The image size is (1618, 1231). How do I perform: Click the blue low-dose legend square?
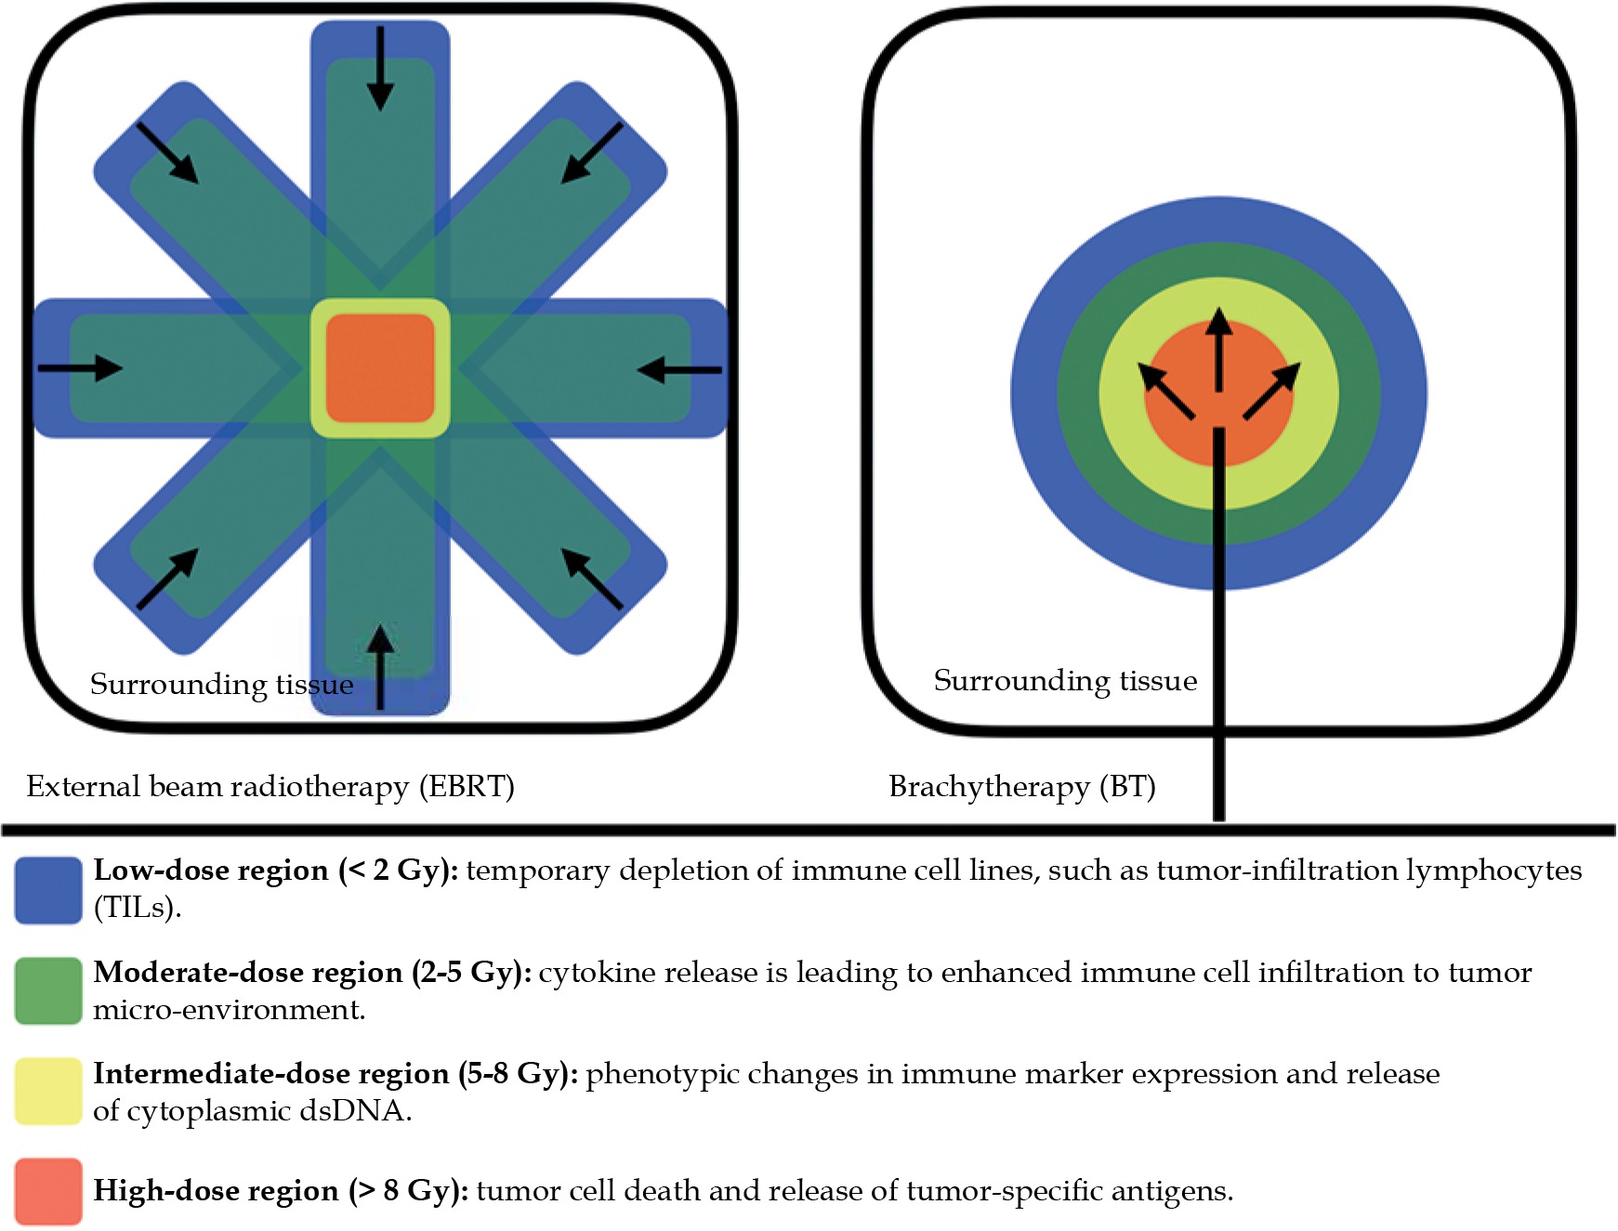[x=48, y=890]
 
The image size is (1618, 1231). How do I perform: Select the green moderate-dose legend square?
[x=48, y=991]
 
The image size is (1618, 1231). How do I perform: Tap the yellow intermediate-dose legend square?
[x=48, y=1092]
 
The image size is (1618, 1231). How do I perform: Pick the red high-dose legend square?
[x=48, y=1191]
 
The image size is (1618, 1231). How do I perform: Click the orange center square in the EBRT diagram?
[x=380, y=368]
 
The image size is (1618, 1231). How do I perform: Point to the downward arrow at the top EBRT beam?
[x=380, y=69]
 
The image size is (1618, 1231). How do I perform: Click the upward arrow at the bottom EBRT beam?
[x=379, y=666]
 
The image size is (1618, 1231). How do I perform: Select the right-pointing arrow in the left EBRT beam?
[x=80, y=368]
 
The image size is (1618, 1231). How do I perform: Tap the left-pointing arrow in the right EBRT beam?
[x=679, y=370]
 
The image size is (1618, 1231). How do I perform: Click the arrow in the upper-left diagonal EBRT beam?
[x=167, y=152]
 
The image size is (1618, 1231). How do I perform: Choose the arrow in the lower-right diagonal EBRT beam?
[x=592, y=579]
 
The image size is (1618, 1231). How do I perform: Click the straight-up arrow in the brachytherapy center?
[x=1218, y=351]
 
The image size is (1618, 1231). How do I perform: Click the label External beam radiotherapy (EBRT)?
[x=270, y=787]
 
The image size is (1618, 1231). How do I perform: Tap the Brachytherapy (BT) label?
[x=1022, y=787]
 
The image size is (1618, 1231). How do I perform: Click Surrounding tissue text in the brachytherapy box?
[x=1065, y=681]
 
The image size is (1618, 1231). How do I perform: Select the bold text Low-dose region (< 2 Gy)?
[x=276, y=871]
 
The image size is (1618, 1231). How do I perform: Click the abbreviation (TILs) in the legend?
[x=137, y=908]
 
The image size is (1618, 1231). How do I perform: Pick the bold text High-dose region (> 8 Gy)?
[x=281, y=1191]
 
